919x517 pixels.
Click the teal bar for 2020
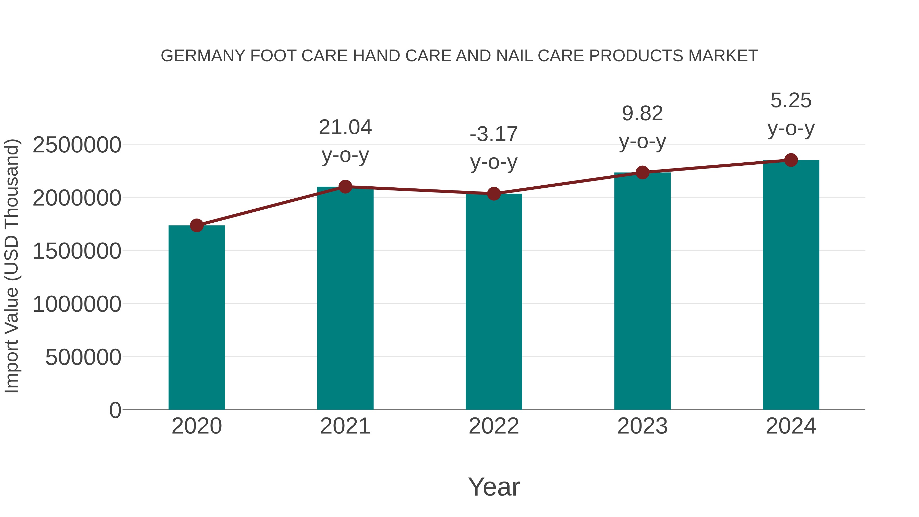pyautogui.click(x=197, y=318)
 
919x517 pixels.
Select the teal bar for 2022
pyautogui.click(x=494, y=302)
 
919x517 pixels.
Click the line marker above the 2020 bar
pyautogui.click(x=197, y=225)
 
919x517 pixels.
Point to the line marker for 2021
pyautogui.click(x=345, y=187)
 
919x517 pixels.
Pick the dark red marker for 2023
pyautogui.click(x=642, y=173)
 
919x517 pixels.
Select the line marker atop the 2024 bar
pyautogui.click(x=791, y=160)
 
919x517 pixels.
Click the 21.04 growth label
pyautogui.click(x=345, y=127)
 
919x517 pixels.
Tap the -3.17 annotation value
pyautogui.click(x=494, y=135)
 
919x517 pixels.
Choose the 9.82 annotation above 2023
pyautogui.click(x=642, y=114)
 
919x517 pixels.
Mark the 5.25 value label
pyautogui.click(x=791, y=101)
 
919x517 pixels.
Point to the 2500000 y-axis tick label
pyautogui.click(x=77, y=145)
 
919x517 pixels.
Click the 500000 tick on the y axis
pyautogui.click(x=83, y=357)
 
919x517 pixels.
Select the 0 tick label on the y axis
pyautogui.click(x=115, y=410)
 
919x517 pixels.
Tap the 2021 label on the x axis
pyautogui.click(x=345, y=426)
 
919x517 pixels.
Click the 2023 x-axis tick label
pyautogui.click(x=642, y=426)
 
